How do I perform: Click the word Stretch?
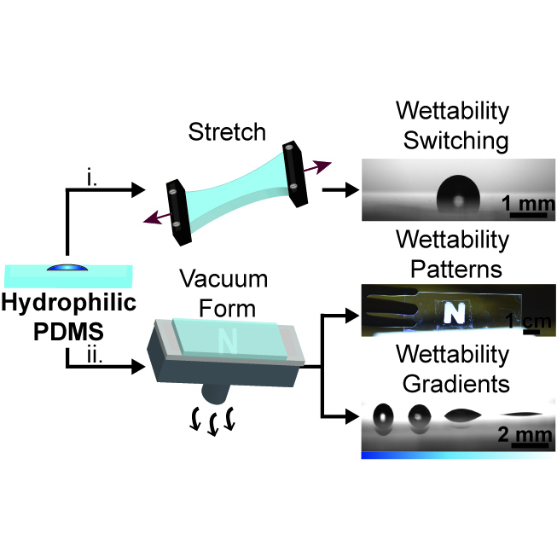click(x=226, y=132)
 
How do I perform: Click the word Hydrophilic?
click(x=67, y=301)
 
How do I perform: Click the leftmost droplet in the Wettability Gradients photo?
click(x=384, y=417)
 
